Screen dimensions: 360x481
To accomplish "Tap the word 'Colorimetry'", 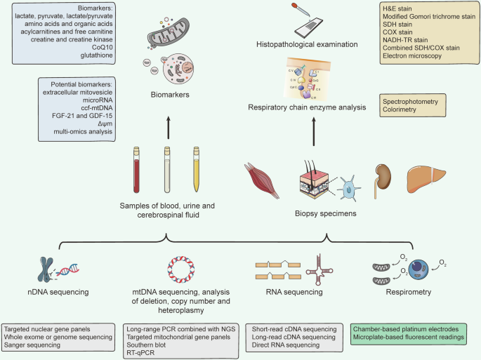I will [402, 111].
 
